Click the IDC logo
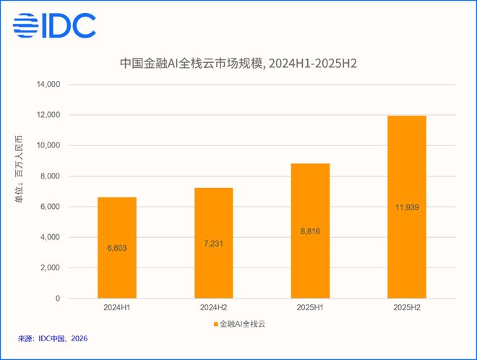point(54,25)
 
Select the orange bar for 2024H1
point(117,248)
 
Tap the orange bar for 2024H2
point(213,243)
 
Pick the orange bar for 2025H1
point(310,231)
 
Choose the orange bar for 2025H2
point(407,207)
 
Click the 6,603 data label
point(117,249)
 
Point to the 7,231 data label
point(213,244)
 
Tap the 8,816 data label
point(310,231)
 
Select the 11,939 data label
point(407,207)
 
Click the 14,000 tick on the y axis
point(48,85)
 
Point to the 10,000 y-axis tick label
point(48,145)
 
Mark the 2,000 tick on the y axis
point(50,267)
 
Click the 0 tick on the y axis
point(58,299)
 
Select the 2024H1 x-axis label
point(117,308)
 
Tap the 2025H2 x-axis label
point(407,308)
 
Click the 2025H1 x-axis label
point(310,308)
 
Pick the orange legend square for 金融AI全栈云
point(216,325)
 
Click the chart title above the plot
point(239,64)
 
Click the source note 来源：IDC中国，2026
point(53,339)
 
